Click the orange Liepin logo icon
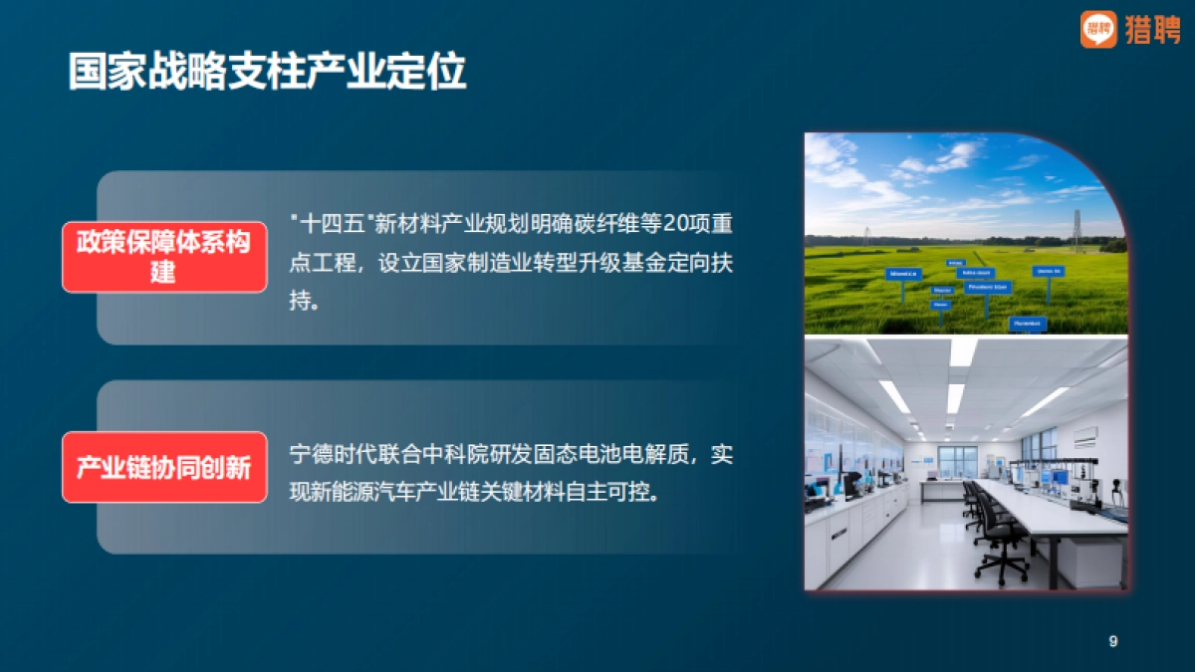(1098, 29)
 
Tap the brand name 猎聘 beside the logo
(1152, 30)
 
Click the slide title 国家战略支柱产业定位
(267, 73)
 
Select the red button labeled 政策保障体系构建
(164, 257)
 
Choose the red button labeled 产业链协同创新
(164, 467)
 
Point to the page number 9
(1113, 641)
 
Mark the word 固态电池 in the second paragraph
(605, 455)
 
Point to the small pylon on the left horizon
(866, 236)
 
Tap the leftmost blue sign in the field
(903, 275)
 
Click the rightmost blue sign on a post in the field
(1048, 272)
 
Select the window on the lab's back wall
(957, 460)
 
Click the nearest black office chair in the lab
(1000, 543)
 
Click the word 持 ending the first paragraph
(300, 300)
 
